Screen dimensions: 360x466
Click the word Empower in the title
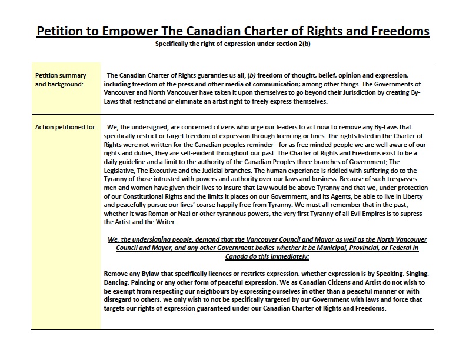131,31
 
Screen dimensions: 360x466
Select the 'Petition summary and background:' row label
61,79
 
